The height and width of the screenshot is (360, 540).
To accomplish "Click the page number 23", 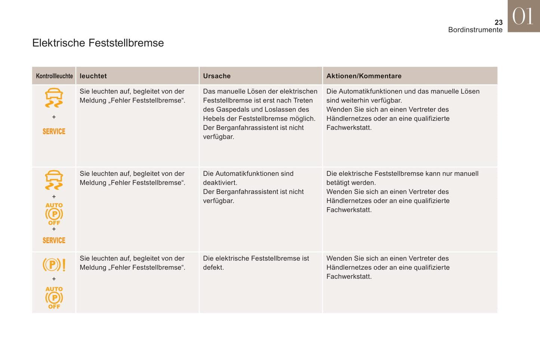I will point(499,22).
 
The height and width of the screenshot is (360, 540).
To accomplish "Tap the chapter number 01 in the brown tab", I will point(523,17).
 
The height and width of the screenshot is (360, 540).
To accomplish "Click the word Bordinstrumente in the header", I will point(475,30).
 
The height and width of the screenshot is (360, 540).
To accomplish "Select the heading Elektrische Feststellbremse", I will point(98,43).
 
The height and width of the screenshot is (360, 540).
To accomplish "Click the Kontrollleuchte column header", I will point(54,76).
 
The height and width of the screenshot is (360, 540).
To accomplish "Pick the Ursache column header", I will point(217,76).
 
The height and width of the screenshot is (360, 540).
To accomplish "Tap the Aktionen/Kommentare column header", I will point(364,76).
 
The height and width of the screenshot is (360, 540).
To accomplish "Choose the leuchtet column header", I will point(93,76).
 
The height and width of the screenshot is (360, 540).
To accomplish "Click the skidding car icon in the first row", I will point(54,98).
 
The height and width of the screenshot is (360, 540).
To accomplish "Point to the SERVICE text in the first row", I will point(54,131).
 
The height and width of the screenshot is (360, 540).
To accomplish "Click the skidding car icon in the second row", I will point(54,180).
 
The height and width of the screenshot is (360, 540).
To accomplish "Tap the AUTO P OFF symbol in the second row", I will point(54,214).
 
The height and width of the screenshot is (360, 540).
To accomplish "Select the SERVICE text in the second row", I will point(54,240).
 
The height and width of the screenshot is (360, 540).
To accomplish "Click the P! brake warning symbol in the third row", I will point(54,265).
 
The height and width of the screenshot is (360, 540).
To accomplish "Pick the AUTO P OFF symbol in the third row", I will point(54,298).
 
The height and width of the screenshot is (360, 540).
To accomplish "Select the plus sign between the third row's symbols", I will point(54,279).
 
